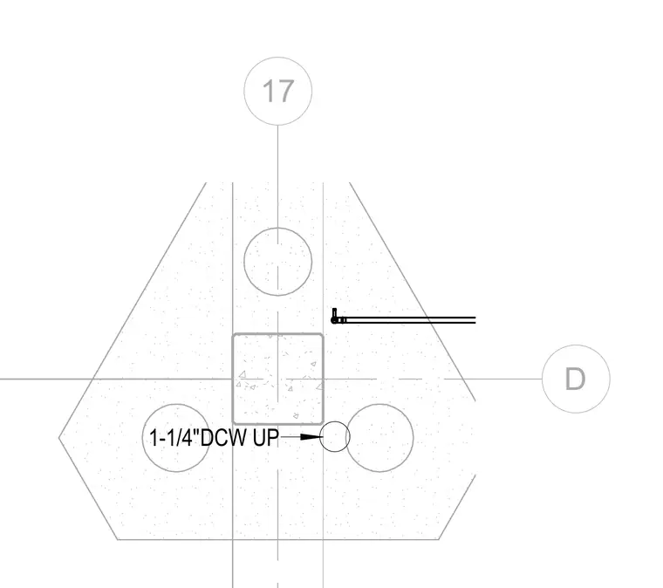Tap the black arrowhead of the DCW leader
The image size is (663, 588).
(x=311, y=437)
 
